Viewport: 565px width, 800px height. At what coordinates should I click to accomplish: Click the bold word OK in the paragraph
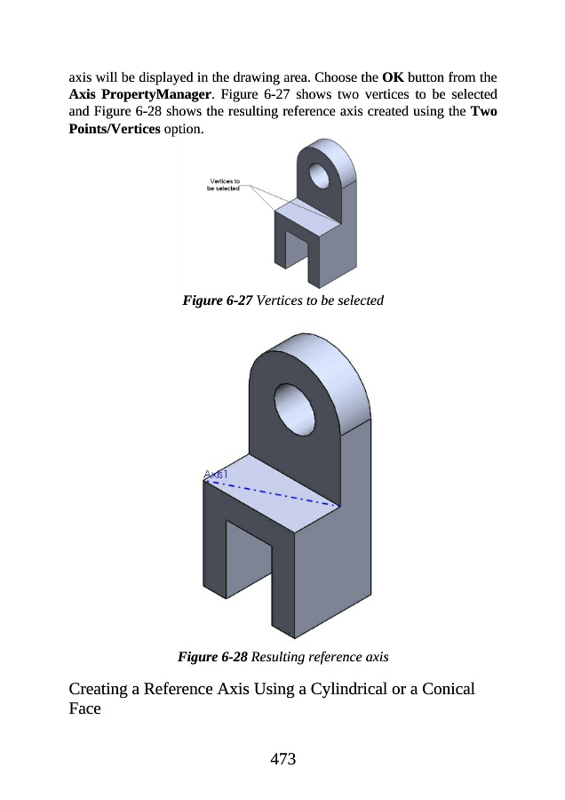pyautogui.click(x=393, y=77)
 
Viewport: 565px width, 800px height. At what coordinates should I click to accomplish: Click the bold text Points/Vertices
pyautogui.click(x=115, y=129)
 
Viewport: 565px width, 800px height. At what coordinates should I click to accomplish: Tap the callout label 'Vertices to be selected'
pyautogui.click(x=223, y=185)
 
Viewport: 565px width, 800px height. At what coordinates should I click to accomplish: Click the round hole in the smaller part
pyautogui.click(x=319, y=175)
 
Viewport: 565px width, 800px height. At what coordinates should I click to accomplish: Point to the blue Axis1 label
pyautogui.click(x=216, y=475)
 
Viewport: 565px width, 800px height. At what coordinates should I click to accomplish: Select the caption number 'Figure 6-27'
pyautogui.click(x=218, y=300)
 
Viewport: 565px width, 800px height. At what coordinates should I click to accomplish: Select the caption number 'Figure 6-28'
pyautogui.click(x=212, y=657)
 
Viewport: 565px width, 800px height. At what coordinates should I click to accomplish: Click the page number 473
pyautogui.click(x=283, y=759)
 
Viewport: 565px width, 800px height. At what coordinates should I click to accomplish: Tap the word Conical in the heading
pyautogui.click(x=449, y=689)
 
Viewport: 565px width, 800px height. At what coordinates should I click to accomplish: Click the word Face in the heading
pyautogui.click(x=84, y=708)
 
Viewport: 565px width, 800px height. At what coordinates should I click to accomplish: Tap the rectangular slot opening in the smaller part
pyautogui.click(x=297, y=249)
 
